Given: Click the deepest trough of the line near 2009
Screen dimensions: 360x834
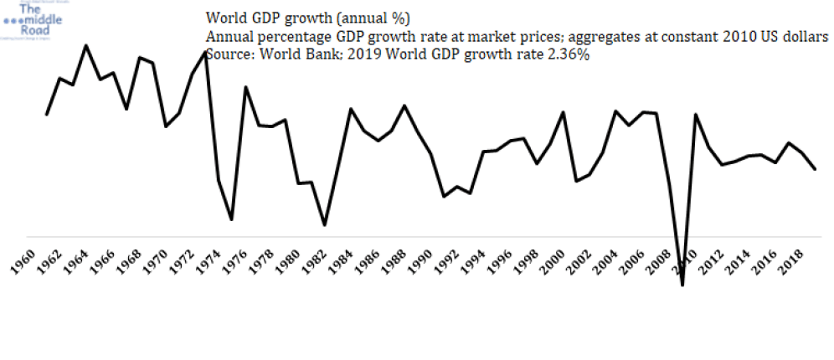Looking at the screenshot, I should [x=682, y=285].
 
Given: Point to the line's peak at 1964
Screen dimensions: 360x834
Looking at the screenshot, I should [x=86, y=45].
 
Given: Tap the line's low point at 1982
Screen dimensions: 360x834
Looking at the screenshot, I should [x=325, y=224].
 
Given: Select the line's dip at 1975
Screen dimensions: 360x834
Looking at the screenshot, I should [x=231, y=219].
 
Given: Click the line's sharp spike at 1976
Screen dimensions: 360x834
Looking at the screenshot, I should [x=245, y=87].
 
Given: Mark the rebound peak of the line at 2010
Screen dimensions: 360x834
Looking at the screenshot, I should [x=696, y=115].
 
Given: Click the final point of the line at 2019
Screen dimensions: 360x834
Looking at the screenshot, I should [x=816, y=169].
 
